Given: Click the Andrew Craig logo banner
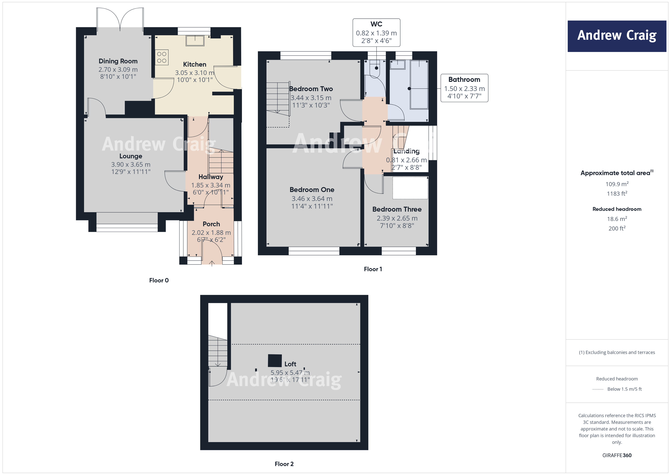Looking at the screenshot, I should pos(617,36).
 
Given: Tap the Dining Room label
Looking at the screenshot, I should pos(118,61).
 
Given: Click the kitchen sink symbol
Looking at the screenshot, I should pos(195,41).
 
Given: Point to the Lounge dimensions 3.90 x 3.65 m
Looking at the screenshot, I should pos(131,164).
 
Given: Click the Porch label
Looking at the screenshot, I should pos(211,224).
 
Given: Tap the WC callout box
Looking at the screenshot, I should pos(376,33).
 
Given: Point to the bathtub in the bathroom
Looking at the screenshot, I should pos(419,85).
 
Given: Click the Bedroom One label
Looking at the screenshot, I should pos(312,189).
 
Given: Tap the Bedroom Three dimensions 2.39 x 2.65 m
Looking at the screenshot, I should pos(397,218).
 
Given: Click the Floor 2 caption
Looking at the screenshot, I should pos(284,464).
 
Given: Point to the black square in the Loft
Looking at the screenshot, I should pos(275,360).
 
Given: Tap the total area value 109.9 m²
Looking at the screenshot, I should pos(617,184).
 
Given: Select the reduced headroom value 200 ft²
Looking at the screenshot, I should pos(617,228).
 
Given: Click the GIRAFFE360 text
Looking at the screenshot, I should pos(617,455).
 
